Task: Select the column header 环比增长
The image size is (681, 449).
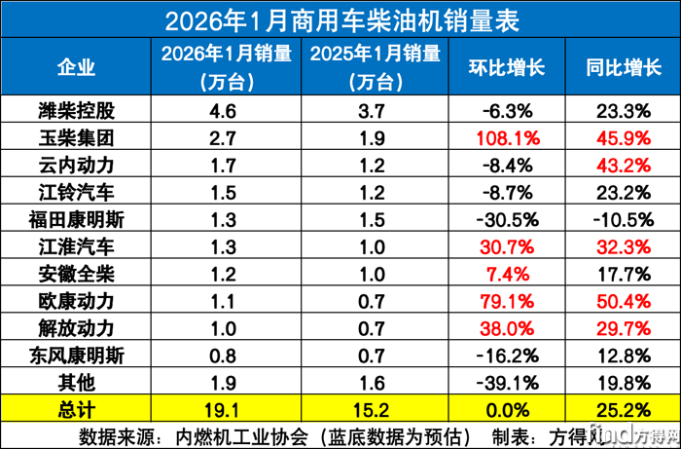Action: pyautogui.click(x=509, y=68)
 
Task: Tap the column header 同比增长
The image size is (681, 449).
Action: pyautogui.click(x=624, y=68)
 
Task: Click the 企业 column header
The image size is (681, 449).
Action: pyautogui.click(x=76, y=68)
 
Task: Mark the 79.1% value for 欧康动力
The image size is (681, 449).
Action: pyautogui.click(x=509, y=286)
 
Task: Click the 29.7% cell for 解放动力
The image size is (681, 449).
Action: pyautogui.click(x=624, y=312)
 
